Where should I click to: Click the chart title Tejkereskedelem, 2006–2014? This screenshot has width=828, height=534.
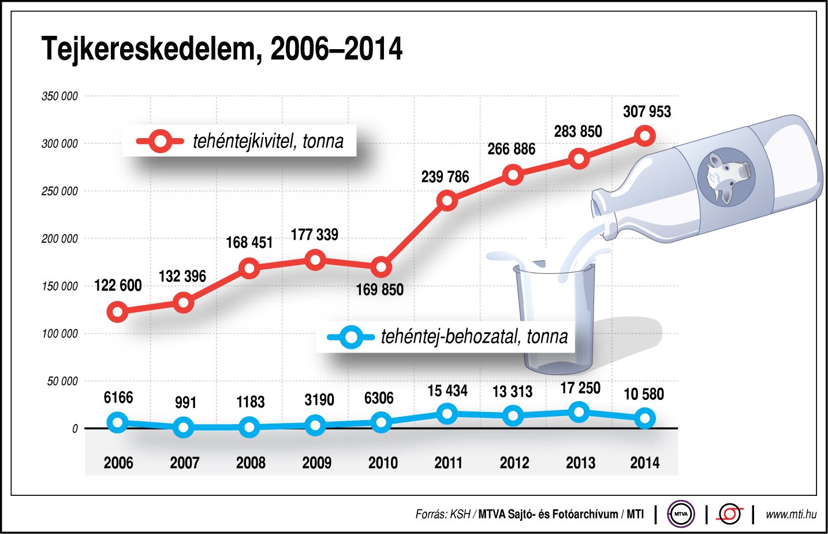222,49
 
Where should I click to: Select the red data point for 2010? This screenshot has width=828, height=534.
381,268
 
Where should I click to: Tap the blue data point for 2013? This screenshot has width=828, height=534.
579,412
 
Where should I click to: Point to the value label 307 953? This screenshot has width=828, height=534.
647,112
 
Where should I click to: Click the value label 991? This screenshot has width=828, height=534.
185,402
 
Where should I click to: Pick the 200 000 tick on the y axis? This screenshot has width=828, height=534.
59,239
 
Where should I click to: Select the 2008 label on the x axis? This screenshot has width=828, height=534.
251,463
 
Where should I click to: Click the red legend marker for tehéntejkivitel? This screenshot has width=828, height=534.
161,141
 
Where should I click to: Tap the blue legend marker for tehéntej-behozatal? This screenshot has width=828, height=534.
350,337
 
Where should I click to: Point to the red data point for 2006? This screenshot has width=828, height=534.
118,312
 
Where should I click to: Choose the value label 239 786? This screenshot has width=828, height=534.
445,177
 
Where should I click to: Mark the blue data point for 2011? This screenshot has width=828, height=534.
447,414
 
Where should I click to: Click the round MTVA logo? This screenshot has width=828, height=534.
681,514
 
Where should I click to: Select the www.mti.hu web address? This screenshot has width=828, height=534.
790,514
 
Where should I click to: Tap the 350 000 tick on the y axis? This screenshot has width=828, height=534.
59,97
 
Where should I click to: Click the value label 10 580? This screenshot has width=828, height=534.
644,394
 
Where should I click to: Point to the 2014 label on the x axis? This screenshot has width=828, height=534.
644,463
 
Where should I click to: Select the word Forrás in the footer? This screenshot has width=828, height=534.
431,514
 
